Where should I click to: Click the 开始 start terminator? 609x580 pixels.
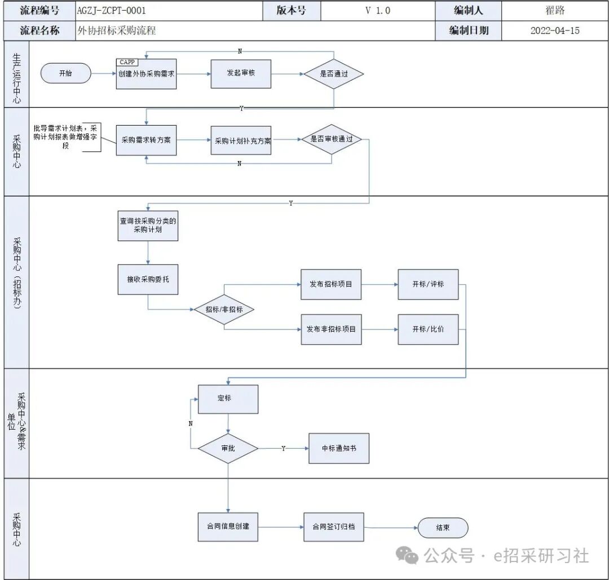[x=65, y=73]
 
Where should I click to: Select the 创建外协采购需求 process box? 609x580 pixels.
[x=147, y=74]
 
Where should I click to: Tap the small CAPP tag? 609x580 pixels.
[x=127, y=62]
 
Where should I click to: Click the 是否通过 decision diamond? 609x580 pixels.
[x=334, y=74]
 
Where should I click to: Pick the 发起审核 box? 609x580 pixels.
[x=241, y=74]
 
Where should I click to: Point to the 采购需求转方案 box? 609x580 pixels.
[x=147, y=140]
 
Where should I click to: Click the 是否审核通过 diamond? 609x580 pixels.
[x=332, y=139]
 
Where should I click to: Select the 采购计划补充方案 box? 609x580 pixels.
[x=241, y=140]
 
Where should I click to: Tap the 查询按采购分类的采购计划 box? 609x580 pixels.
[x=148, y=225]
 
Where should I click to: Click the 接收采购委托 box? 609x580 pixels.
[x=148, y=279]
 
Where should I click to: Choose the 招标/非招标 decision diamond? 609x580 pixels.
[x=224, y=309]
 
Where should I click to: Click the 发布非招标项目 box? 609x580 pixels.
[x=332, y=329]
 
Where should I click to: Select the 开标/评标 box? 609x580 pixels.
[x=428, y=284]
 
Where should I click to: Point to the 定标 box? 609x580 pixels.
[x=228, y=399]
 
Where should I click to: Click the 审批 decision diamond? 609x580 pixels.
[x=228, y=448]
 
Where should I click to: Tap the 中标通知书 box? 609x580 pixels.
[x=339, y=448]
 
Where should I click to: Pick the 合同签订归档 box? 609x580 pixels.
[x=334, y=527]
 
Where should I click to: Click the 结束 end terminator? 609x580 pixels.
[x=443, y=528]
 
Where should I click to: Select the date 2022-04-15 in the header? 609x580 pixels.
[x=555, y=30]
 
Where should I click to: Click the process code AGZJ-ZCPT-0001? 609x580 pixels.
[x=112, y=11]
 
